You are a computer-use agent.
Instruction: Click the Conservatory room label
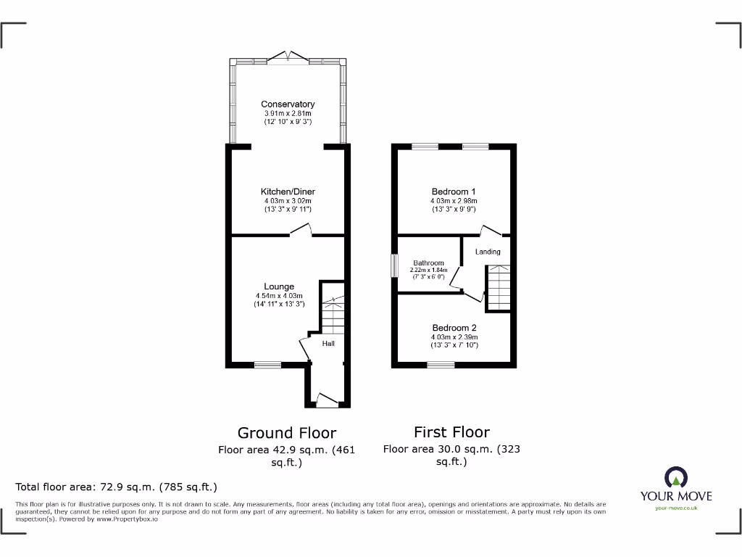(288, 104)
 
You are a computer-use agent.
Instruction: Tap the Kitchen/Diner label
(288, 191)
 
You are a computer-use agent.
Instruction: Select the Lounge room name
(279, 286)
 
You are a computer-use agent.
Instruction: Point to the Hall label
(328, 343)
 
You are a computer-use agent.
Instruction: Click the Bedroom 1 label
(454, 191)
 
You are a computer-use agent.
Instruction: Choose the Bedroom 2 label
(454, 328)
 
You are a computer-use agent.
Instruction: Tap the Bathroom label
(428, 263)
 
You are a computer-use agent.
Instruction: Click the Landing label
(488, 252)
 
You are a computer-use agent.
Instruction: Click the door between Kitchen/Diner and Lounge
(301, 231)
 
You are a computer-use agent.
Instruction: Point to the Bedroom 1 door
(491, 231)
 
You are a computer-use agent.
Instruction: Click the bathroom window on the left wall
(395, 265)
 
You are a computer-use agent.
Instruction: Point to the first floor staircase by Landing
(499, 288)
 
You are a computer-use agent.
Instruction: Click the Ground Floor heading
(287, 433)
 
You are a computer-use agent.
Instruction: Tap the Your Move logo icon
(675, 477)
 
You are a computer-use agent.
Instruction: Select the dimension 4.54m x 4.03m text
(279, 295)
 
